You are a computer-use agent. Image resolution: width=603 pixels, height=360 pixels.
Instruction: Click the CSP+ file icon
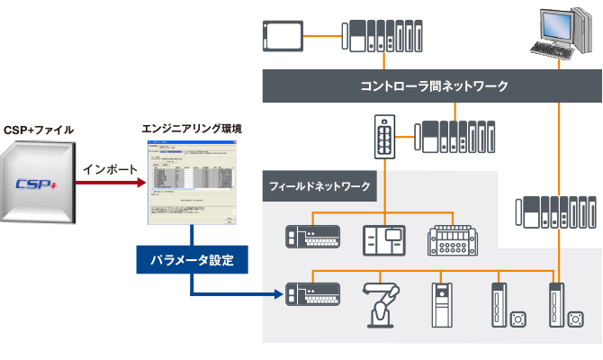tap(38, 184)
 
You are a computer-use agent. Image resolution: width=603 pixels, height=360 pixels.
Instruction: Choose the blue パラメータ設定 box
tap(192, 261)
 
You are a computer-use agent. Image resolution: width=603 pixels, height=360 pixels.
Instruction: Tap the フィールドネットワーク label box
tap(320, 187)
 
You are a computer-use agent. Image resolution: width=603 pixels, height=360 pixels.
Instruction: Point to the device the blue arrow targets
tap(312, 293)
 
